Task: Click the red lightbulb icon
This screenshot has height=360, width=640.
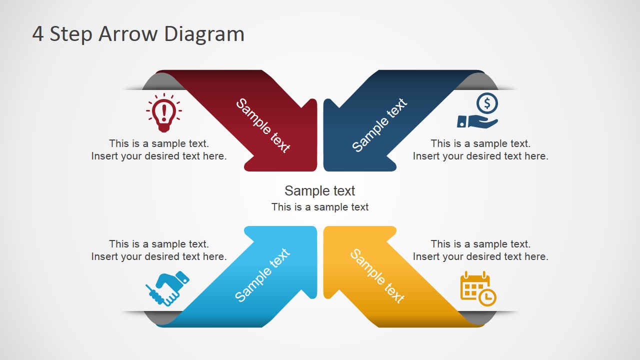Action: point(164,112)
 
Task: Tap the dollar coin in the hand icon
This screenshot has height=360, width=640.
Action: point(487,103)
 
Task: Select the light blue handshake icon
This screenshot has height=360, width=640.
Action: point(167,288)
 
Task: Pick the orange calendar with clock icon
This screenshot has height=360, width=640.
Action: point(478,288)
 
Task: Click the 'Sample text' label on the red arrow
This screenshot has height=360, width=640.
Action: point(263,125)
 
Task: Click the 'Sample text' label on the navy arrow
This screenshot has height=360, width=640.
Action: point(379,125)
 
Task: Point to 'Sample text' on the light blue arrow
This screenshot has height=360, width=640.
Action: point(262,275)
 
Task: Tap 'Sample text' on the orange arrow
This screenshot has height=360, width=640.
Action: point(377,276)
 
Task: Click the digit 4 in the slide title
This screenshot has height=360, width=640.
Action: point(37,34)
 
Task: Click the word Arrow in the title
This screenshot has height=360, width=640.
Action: point(128,34)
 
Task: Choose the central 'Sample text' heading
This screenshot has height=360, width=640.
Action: point(319,191)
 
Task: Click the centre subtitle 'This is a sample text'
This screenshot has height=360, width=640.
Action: point(319,207)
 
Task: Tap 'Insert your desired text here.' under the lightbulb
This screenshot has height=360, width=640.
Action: point(159,156)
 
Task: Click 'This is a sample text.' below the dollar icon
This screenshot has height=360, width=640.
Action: point(480,143)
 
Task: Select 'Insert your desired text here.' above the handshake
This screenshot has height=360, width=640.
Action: point(159,256)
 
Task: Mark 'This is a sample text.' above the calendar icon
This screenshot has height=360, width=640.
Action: point(480,244)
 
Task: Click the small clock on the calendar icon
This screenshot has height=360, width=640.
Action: point(487,297)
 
